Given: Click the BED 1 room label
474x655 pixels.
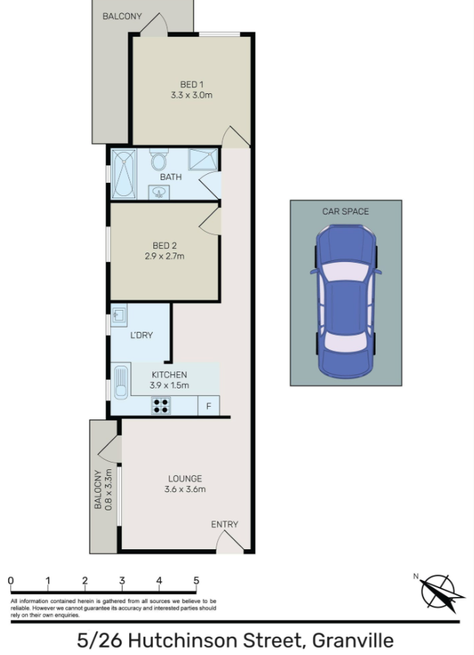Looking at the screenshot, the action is click(x=192, y=84).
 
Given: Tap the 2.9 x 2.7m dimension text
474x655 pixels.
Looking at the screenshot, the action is click(x=164, y=256).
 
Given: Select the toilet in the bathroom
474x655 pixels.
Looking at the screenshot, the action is click(x=158, y=159).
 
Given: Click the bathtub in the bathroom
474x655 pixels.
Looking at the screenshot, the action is click(x=124, y=174).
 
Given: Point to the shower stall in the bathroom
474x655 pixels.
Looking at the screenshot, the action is click(x=203, y=159).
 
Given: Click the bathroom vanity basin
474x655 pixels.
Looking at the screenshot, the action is click(x=159, y=192).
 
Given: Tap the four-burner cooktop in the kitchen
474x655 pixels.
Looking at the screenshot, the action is click(x=161, y=405).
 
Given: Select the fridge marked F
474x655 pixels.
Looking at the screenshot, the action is click(x=208, y=405).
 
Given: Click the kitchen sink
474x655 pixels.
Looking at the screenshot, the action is click(x=121, y=381).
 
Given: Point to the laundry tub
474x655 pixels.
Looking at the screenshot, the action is click(x=120, y=316).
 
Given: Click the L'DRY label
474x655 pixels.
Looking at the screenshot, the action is click(x=142, y=335).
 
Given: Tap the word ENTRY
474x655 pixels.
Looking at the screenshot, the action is click(x=225, y=524).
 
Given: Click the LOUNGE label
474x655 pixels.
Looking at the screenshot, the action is click(x=185, y=479).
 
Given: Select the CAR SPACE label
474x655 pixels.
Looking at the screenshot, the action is click(x=346, y=211).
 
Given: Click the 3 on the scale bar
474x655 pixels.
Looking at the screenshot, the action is click(x=122, y=580).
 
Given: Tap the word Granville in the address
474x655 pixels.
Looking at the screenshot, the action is click(x=353, y=640).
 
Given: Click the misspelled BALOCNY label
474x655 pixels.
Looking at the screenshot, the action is click(x=98, y=489).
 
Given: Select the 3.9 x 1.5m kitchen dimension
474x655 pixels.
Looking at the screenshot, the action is click(x=169, y=386).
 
